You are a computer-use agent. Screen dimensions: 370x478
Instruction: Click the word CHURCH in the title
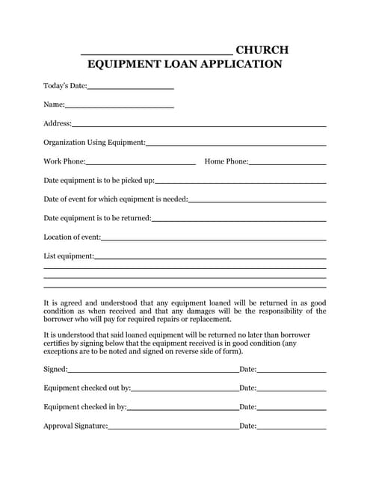click(262, 50)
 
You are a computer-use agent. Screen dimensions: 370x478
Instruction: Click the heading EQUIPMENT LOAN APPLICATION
click(185, 65)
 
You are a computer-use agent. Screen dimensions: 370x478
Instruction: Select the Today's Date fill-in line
click(130, 89)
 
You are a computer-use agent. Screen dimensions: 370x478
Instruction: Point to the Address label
click(58, 123)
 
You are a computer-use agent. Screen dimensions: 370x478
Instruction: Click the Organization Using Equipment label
click(94, 143)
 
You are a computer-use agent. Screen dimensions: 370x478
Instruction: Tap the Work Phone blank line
click(141, 163)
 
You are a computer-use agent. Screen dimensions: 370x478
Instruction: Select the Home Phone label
click(226, 161)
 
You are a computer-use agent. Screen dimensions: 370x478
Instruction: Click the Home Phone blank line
click(287, 163)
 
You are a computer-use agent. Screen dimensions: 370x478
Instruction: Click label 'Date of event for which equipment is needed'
click(116, 199)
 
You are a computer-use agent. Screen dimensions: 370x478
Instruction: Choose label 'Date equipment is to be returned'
click(97, 218)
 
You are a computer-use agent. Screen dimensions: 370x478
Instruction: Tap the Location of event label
click(72, 238)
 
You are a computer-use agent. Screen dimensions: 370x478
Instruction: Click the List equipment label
click(69, 256)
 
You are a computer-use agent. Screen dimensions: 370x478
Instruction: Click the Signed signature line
click(153, 370)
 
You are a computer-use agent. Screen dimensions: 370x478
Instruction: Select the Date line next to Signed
click(292, 370)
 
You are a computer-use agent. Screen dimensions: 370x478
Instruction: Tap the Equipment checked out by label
click(87, 388)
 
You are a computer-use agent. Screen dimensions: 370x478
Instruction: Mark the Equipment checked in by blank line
click(182, 409)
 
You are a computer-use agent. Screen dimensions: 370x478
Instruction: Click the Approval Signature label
click(75, 426)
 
